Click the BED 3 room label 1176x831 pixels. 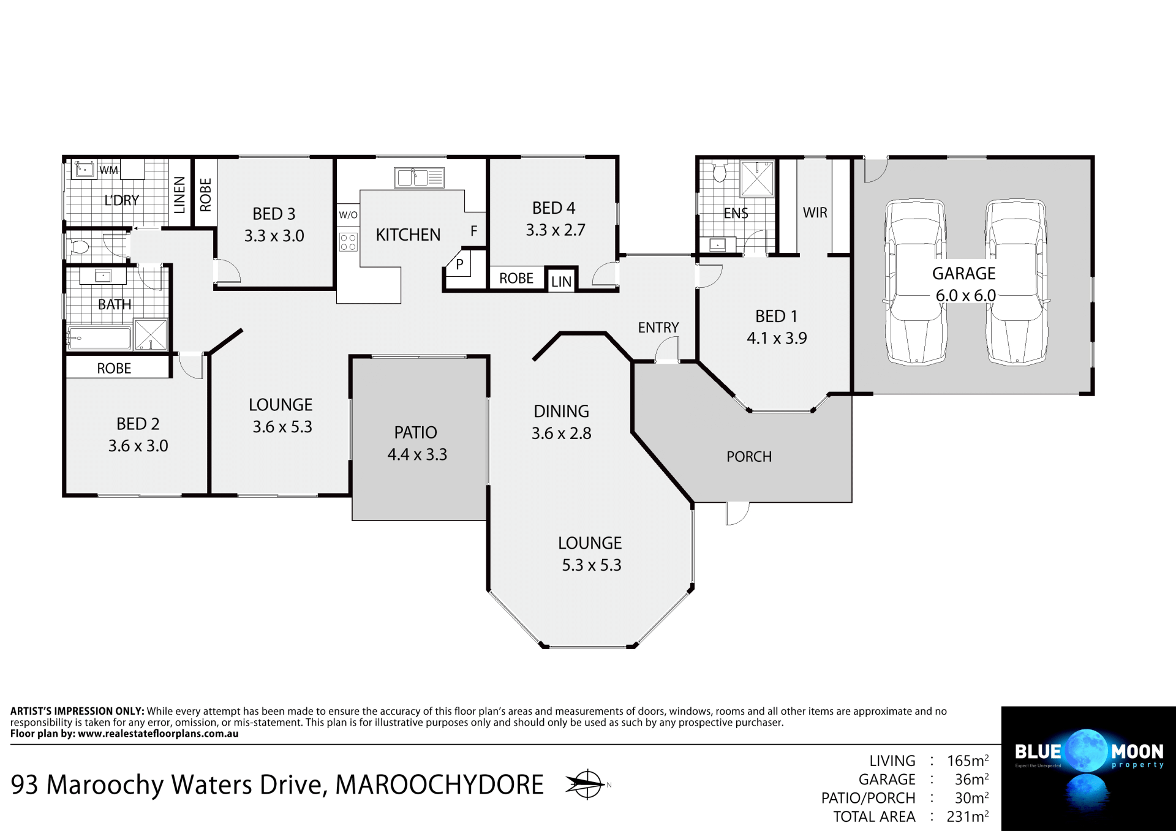coord(274,214)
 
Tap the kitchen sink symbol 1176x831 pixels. coord(419,178)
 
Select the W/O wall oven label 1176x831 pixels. coord(348,215)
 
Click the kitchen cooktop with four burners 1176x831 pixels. coord(348,242)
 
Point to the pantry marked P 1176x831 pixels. coord(459,265)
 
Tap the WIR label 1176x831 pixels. coord(815,212)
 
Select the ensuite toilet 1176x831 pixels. coord(720,173)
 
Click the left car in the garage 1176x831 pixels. coord(916,282)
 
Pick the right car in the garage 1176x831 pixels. coord(1016,282)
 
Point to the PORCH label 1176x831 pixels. coord(748,457)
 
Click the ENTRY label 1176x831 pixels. coord(658,328)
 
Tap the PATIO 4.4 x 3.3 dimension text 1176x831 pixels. coord(417,454)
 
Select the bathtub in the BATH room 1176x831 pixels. coord(99,338)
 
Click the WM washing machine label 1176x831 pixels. coord(109,170)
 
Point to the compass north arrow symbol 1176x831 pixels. coord(586,784)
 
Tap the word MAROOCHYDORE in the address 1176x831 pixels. coord(439,785)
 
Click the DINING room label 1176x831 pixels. coord(561,411)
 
